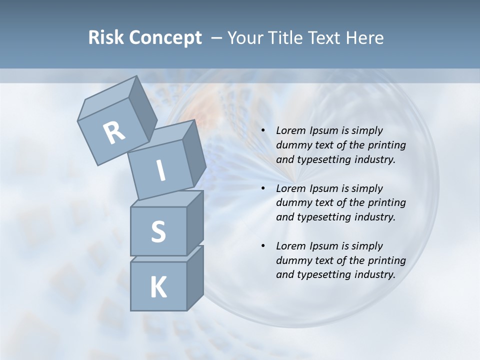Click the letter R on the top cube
point(114,133)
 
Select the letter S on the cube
point(158,231)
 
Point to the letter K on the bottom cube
point(158,287)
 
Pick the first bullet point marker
point(263,131)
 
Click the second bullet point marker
point(263,189)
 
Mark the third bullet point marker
point(263,246)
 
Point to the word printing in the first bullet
point(387,145)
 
